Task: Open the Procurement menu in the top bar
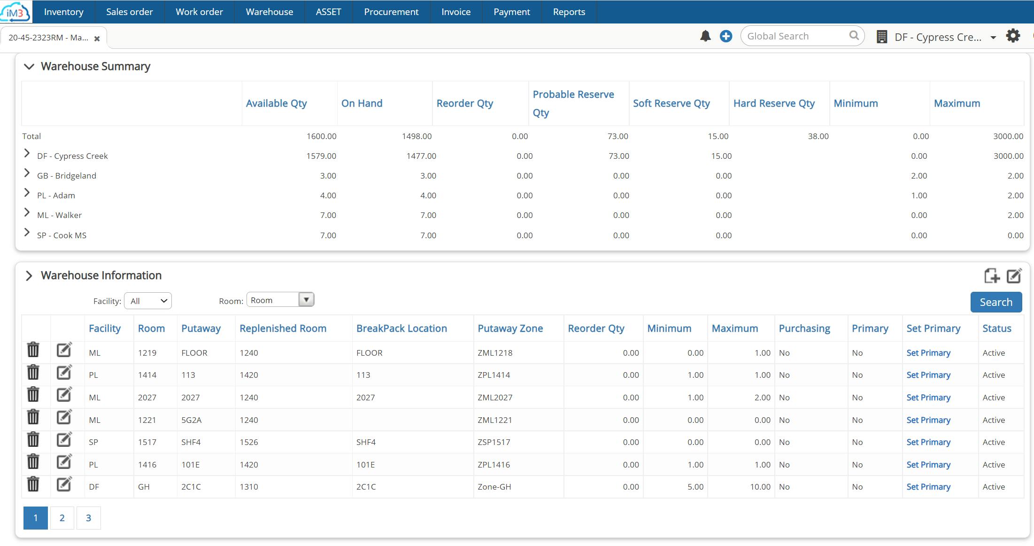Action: tap(391, 12)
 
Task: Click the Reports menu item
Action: tap(569, 12)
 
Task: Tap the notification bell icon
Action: tap(705, 36)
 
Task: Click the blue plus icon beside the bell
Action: tap(725, 36)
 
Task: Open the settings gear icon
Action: tap(1013, 36)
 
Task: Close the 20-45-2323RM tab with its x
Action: tap(97, 39)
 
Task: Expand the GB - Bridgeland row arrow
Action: tap(27, 173)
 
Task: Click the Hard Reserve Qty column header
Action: tap(774, 103)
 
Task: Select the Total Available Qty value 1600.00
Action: tap(321, 136)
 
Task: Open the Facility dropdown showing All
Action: tap(148, 301)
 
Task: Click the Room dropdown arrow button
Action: tap(306, 300)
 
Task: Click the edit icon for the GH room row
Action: tap(64, 484)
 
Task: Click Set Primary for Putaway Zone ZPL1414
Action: tap(928, 375)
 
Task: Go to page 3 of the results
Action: tap(88, 518)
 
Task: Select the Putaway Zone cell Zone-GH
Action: tap(494, 487)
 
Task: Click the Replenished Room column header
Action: tap(283, 328)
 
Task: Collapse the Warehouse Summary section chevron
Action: tap(29, 67)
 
